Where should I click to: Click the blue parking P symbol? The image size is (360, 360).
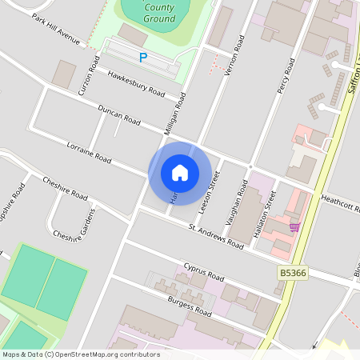pos(143,57)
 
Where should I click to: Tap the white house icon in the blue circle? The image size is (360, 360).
pos(180,173)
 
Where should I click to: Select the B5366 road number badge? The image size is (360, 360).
pos(293,273)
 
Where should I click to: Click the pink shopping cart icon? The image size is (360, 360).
pos(295,227)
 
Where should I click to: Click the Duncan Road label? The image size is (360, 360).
pos(119,116)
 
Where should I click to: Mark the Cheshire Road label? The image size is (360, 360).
pos(65,189)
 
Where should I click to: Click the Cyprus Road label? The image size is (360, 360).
pos(204,271)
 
